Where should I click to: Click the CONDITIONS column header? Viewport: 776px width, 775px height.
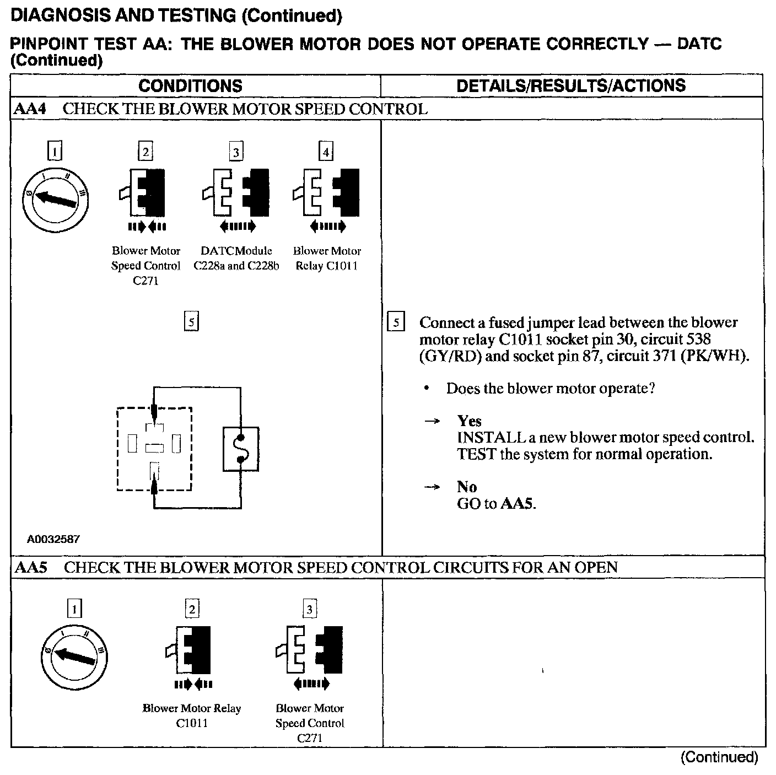tap(190, 86)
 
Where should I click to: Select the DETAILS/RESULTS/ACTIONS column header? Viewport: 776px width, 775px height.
tap(572, 85)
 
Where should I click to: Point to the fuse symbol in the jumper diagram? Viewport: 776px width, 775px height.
tap(241, 449)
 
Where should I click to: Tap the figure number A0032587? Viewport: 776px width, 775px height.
tap(53, 539)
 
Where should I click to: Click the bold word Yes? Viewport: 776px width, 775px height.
tap(469, 421)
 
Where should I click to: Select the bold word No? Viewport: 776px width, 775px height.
tap(466, 487)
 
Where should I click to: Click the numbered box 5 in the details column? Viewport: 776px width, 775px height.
tap(396, 322)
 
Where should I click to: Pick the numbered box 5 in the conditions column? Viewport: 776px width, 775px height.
tap(191, 321)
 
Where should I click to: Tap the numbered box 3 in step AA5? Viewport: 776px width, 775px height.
tap(309, 609)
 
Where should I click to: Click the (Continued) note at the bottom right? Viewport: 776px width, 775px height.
tap(719, 757)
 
